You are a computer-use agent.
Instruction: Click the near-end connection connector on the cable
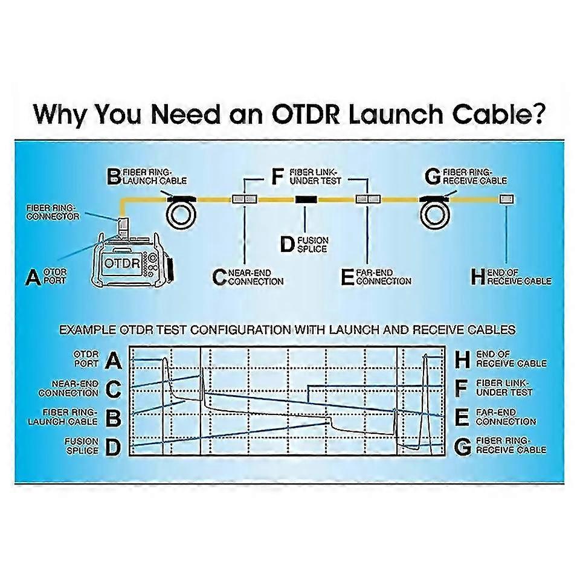pyautogui.click(x=244, y=199)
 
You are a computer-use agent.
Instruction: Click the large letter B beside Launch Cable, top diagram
pyautogui.click(x=114, y=177)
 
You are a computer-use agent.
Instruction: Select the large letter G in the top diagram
pyautogui.click(x=433, y=177)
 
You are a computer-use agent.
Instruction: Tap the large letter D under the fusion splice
pyautogui.click(x=288, y=244)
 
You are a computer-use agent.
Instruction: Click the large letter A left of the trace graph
pyautogui.click(x=113, y=361)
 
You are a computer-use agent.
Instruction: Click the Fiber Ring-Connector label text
pyautogui.click(x=53, y=211)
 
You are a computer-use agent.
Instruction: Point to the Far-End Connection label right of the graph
pyautogui.click(x=506, y=417)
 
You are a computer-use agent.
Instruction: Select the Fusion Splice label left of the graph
pyautogui.click(x=82, y=446)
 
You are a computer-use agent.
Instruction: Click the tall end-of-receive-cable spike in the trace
pyautogui.click(x=425, y=387)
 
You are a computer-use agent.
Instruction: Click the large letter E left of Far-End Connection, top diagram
pyautogui.click(x=347, y=277)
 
